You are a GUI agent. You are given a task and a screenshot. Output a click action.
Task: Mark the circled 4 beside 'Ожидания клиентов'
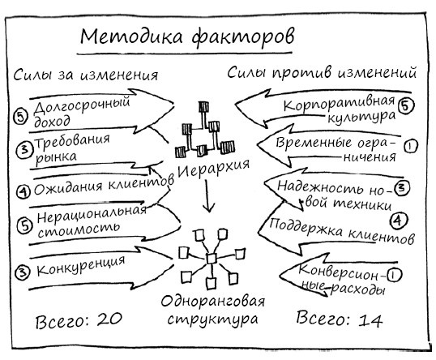pos(22,191)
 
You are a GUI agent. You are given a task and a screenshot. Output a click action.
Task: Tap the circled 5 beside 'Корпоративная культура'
pos(407,105)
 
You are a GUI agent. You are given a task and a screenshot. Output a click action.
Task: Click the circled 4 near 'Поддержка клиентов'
pos(399,220)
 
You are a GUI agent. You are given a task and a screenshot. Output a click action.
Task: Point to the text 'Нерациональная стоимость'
pos(91,221)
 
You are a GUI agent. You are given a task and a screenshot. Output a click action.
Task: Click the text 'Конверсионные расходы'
pos(340,277)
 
